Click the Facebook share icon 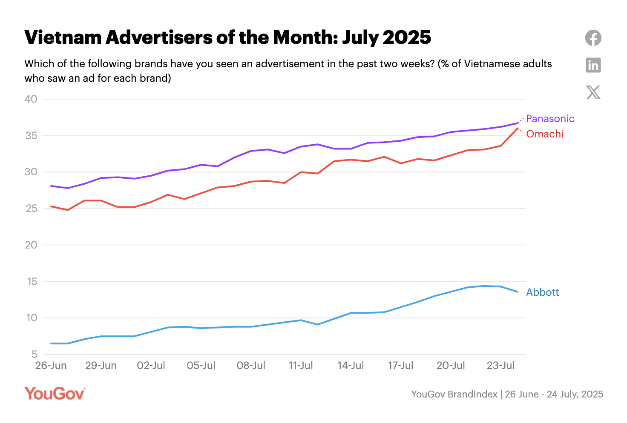(x=593, y=38)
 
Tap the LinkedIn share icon (x=593, y=65)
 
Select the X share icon (x=593, y=92)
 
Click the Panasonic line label (x=550, y=119)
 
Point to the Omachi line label (x=544, y=134)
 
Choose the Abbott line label (x=542, y=292)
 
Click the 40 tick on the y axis (x=31, y=99)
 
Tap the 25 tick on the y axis (x=31, y=209)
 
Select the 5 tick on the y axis (x=34, y=354)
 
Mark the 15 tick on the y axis (x=32, y=282)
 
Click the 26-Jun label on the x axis (x=51, y=366)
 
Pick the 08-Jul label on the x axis (x=251, y=366)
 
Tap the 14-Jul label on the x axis (x=351, y=366)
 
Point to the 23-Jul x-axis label (x=500, y=366)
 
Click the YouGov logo (x=55, y=394)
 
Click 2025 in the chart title (x=407, y=37)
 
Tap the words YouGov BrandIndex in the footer (x=454, y=394)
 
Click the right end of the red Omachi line (x=518, y=128)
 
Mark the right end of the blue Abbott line (x=518, y=292)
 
